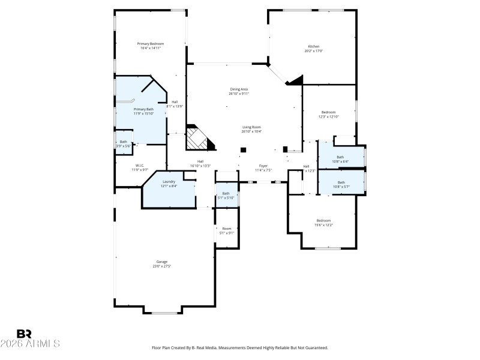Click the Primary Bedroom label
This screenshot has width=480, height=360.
[x=151, y=44]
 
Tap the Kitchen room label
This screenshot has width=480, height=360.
[x=314, y=46]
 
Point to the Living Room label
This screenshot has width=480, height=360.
[x=251, y=127]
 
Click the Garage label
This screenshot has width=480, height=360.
[x=162, y=262]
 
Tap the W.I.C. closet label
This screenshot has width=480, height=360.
[x=140, y=166]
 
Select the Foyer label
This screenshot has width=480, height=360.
[x=263, y=166]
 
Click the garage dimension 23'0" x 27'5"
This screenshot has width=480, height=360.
[x=162, y=266]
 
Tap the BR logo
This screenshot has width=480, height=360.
[x=24, y=334]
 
